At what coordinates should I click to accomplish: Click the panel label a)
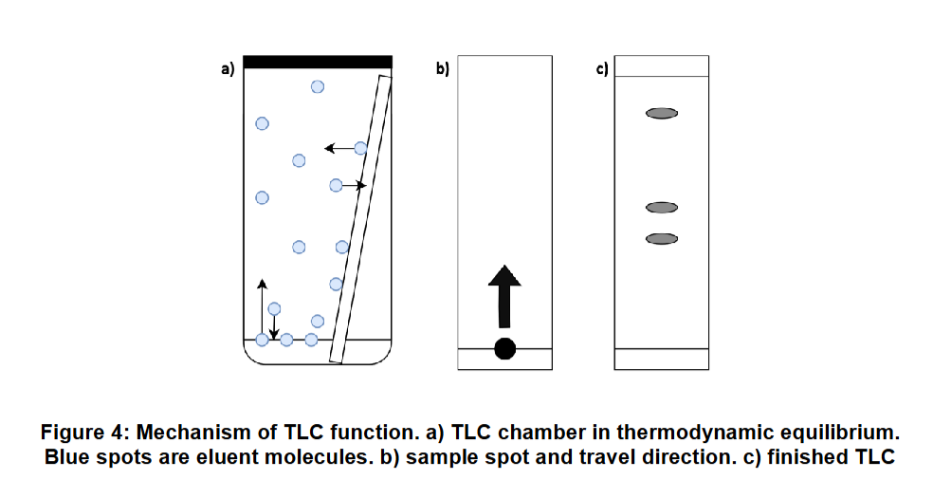tap(227, 69)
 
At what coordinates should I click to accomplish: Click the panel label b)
tap(442, 69)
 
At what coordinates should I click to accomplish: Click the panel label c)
tap(601, 69)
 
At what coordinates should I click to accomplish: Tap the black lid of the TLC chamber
tap(318, 62)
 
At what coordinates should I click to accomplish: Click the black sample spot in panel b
tap(504, 348)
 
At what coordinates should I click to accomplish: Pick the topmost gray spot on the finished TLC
tap(662, 113)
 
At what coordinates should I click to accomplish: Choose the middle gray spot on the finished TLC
tap(662, 207)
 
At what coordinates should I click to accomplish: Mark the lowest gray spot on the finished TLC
tap(662, 238)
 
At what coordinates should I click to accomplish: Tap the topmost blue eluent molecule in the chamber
tap(318, 86)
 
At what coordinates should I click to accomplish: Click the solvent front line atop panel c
tap(662, 77)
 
